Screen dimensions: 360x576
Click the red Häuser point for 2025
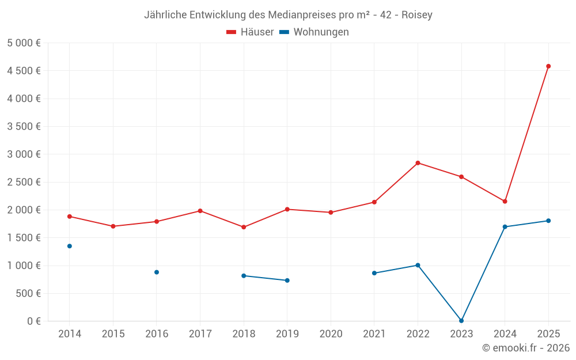click(x=548, y=66)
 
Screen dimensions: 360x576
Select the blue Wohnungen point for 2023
click(x=461, y=320)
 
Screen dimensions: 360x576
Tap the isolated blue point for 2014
click(x=70, y=246)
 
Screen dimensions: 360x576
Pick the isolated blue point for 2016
click(x=157, y=272)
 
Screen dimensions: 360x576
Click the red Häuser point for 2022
click(x=418, y=163)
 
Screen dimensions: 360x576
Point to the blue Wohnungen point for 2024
click(x=505, y=226)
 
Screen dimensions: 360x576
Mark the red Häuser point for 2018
click(x=244, y=227)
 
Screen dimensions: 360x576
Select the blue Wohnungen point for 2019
click(x=287, y=281)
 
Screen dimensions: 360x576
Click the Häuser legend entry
click(x=250, y=32)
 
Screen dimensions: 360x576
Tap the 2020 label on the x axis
click(x=331, y=334)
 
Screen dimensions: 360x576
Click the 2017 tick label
click(x=200, y=334)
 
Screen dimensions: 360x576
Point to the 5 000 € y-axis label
click(x=24, y=43)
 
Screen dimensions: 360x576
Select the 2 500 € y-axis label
click(x=24, y=182)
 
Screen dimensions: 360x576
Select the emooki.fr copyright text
click(x=526, y=348)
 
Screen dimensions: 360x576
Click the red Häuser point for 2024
click(x=505, y=201)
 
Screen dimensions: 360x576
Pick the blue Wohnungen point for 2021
click(x=374, y=273)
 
